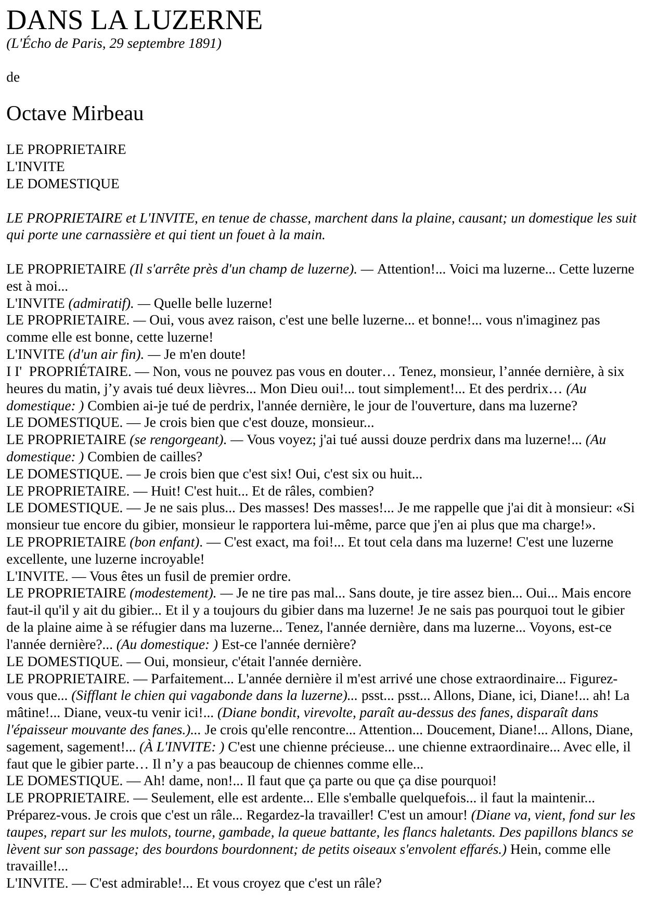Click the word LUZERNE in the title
point(198,21)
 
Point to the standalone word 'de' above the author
point(13,77)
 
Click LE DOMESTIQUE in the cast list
point(63,184)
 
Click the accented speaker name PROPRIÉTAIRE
point(83,372)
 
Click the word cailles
point(176,457)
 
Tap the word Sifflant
point(96,696)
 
